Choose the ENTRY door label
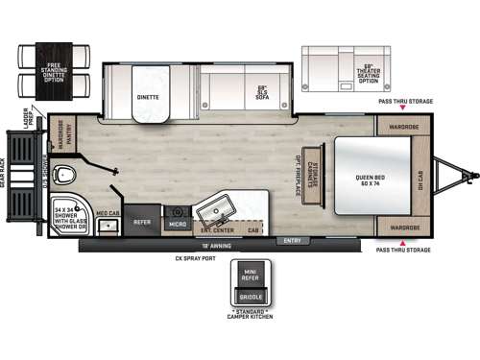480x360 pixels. point(292,240)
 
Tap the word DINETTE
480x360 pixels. point(147,96)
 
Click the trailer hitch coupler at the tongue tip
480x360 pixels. point(470,176)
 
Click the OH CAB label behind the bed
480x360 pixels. point(420,177)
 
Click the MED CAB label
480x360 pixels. point(108,214)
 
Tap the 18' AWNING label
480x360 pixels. point(192,247)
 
